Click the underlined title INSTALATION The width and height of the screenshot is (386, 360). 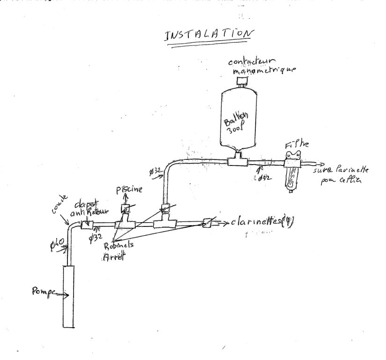pyautogui.click(x=210, y=36)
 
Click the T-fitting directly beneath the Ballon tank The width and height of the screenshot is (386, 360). pyautogui.click(x=237, y=162)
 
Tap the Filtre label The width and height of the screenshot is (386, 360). pyautogui.click(x=297, y=145)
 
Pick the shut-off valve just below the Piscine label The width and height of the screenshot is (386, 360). pyautogui.click(x=126, y=208)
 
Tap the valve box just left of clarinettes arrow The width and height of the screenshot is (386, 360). pyautogui.click(x=208, y=223)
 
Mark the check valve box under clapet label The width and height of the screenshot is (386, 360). pyautogui.click(x=87, y=225)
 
